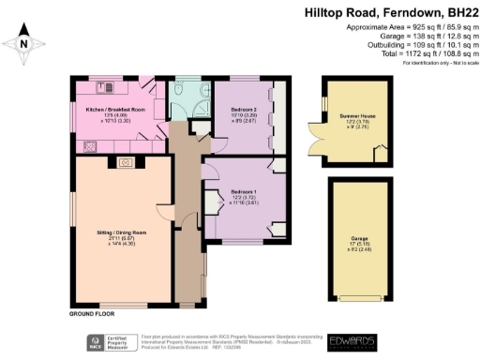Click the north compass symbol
(26, 42)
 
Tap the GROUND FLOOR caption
(91, 311)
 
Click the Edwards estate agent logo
(352, 342)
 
